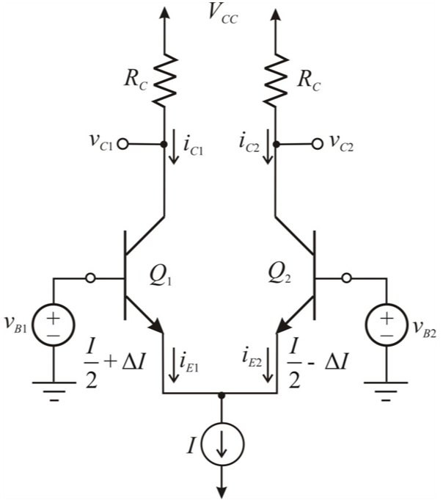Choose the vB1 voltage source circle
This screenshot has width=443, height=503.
click(x=56, y=326)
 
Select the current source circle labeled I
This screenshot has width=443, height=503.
click(x=219, y=446)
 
